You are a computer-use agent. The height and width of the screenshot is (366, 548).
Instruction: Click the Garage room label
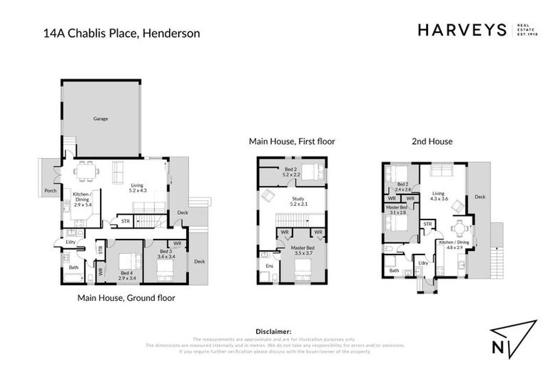point(101,119)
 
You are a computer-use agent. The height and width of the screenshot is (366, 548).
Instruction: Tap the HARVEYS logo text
point(461,30)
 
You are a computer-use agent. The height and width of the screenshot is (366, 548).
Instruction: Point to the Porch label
point(50,191)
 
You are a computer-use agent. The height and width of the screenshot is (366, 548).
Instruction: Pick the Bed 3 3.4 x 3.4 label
point(165,254)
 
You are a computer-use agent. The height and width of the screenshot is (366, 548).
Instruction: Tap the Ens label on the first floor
point(269,267)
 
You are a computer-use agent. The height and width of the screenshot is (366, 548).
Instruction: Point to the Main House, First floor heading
point(292,142)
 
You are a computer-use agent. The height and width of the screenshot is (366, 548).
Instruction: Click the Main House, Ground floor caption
point(126,297)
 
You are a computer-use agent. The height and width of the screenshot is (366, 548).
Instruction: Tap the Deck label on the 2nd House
point(480,197)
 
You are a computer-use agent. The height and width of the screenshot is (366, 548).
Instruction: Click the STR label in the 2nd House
point(428,224)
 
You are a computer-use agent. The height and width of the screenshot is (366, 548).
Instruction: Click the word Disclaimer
point(273,332)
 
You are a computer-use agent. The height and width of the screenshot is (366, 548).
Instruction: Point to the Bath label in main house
point(73,267)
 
